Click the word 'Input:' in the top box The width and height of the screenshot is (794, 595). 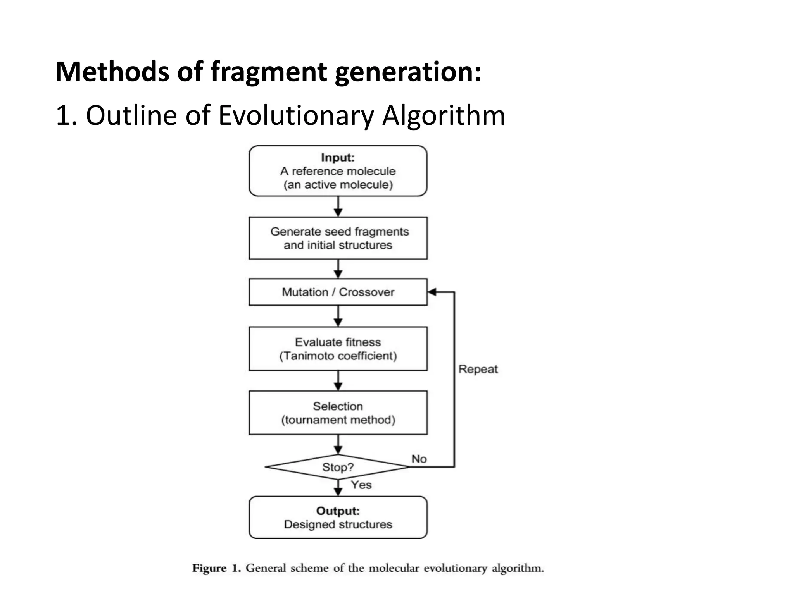(x=338, y=158)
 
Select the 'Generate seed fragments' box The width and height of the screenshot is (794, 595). (x=338, y=238)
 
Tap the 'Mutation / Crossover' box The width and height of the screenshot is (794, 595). (x=338, y=292)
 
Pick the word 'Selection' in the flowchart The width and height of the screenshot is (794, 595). (x=338, y=406)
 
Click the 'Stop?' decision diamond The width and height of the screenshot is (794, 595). (x=338, y=467)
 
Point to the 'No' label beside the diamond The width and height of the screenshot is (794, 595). (x=419, y=459)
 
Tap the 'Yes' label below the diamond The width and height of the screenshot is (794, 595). (x=361, y=485)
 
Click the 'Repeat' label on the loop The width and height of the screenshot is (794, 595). (x=478, y=369)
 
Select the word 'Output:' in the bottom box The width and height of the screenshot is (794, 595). (x=338, y=511)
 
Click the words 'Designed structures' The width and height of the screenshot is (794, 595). (x=338, y=524)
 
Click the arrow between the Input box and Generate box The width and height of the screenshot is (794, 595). (x=338, y=206)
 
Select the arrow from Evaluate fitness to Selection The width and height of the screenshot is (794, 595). (x=338, y=381)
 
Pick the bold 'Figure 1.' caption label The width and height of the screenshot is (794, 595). (x=217, y=568)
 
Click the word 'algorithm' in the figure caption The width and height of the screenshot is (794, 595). (x=518, y=568)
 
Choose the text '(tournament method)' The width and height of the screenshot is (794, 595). (x=338, y=420)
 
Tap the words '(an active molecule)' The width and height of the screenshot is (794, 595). (x=338, y=185)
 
